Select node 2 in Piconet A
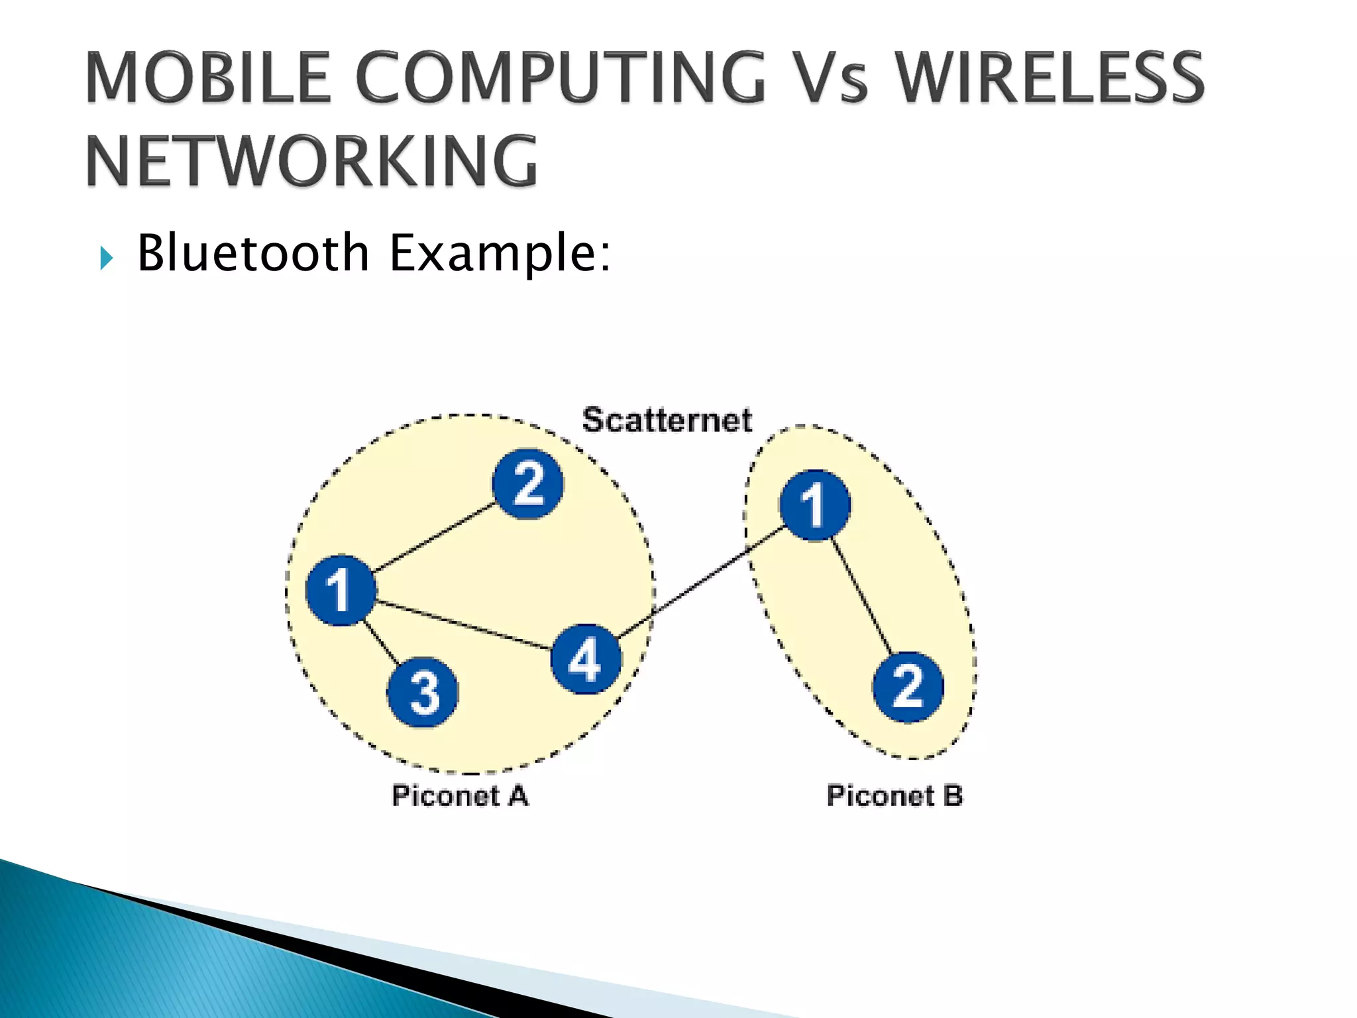click(x=528, y=484)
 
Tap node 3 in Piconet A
click(x=423, y=692)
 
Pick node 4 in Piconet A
click(x=586, y=659)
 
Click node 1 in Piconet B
click(x=814, y=505)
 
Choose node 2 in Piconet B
click(x=908, y=687)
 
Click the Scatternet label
click(x=667, y=420)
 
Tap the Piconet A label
click(x=460, y=795)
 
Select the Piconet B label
click(x=895, y=795)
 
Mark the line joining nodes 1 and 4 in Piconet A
click(x=464, y=625)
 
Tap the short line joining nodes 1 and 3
click(x=382, y=642)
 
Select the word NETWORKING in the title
click(x=311, y=161)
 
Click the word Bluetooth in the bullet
click(x=252, y=253)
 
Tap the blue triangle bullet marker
click(x=106, y=257)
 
